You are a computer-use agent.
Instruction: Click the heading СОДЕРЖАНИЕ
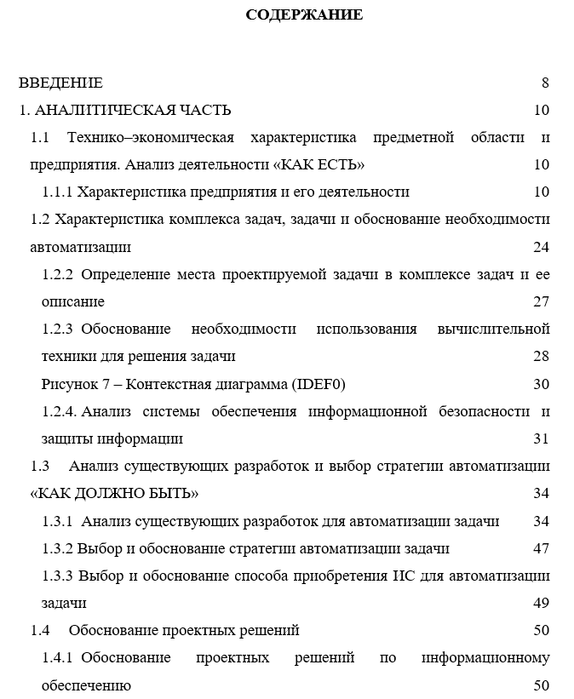point(304,14)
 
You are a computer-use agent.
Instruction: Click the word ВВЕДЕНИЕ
point(61,83)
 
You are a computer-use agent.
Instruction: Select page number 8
point(545,83)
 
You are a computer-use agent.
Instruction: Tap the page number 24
point(542,247)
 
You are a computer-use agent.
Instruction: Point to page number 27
point(542,301)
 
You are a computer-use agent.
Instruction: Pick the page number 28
point(542,356)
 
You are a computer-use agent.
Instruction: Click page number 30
point(542,384)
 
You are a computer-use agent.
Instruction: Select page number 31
point(542,438)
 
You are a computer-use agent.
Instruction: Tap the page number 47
point(542,548)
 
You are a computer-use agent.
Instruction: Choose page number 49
point(542,603)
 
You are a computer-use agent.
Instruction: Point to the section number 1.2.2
point(59,274)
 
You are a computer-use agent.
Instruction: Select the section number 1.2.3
point(59,329)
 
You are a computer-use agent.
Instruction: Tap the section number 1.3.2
point(59,548)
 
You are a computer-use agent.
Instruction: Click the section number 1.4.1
point(59,658)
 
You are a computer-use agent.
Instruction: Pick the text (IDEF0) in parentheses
point(318,384)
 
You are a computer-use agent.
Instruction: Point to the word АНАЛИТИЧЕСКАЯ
point(107,110)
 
